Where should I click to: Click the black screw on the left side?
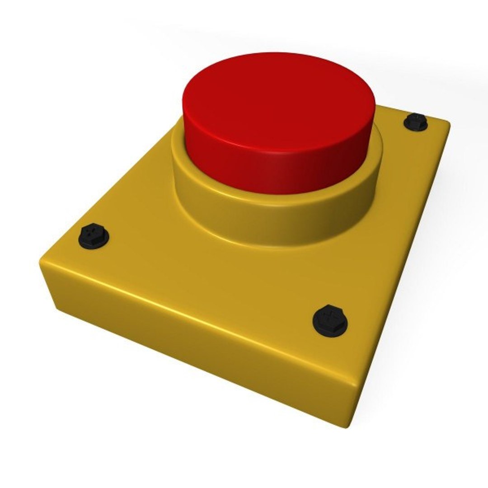[x=94, y=235]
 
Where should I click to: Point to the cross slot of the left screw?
[x=93, y=234]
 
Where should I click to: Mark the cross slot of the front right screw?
[x=331, y=316]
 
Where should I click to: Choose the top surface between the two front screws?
[x=203, y=276]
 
